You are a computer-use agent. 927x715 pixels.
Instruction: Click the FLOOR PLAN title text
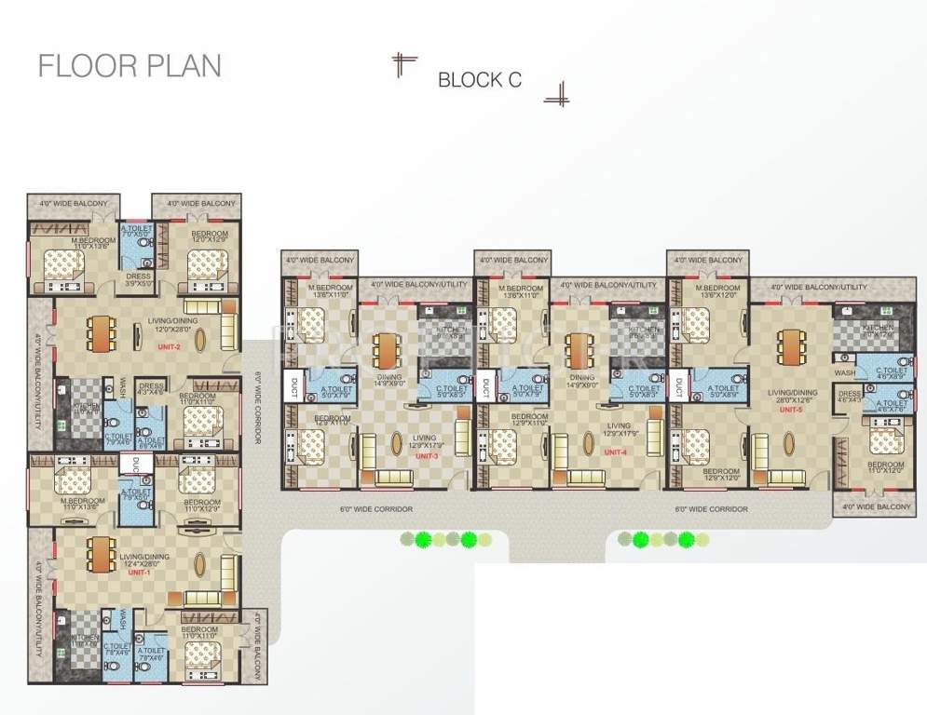click(x=130, y=66)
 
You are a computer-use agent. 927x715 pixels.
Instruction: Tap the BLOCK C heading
click(x=479, y=80)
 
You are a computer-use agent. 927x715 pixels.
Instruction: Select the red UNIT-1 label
click(x=139, y=573)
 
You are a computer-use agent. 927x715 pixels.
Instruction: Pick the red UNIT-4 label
click(x=615, y=452)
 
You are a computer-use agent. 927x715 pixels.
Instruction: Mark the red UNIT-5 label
click(x=791, y=409)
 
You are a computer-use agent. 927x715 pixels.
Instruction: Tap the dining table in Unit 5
click(x=790, y=346)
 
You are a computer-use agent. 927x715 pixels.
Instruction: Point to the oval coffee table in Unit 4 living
click(x=589, y=441)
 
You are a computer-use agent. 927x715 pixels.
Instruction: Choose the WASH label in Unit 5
click(x=844, y=372)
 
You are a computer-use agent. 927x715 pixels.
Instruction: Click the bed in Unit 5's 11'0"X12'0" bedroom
click(x=884, y=437)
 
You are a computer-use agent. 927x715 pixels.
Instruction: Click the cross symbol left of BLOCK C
click(x=403, y=64)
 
